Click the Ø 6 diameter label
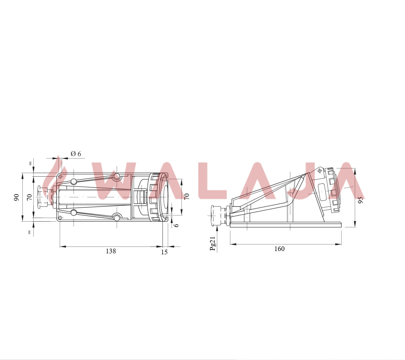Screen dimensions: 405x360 [76, 154]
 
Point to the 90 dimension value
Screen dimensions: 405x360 [16, 197]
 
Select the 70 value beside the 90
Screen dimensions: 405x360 [29, 197]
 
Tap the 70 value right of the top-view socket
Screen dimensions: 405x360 [187, 196]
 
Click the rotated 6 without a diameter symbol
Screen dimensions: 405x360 [176, 225]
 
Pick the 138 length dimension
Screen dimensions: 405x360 [111, 251]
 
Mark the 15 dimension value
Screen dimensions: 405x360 [164, 252]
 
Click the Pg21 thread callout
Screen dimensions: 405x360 [212, 243]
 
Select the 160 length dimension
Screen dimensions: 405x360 [279, 249]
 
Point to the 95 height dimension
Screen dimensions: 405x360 [360, 200]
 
